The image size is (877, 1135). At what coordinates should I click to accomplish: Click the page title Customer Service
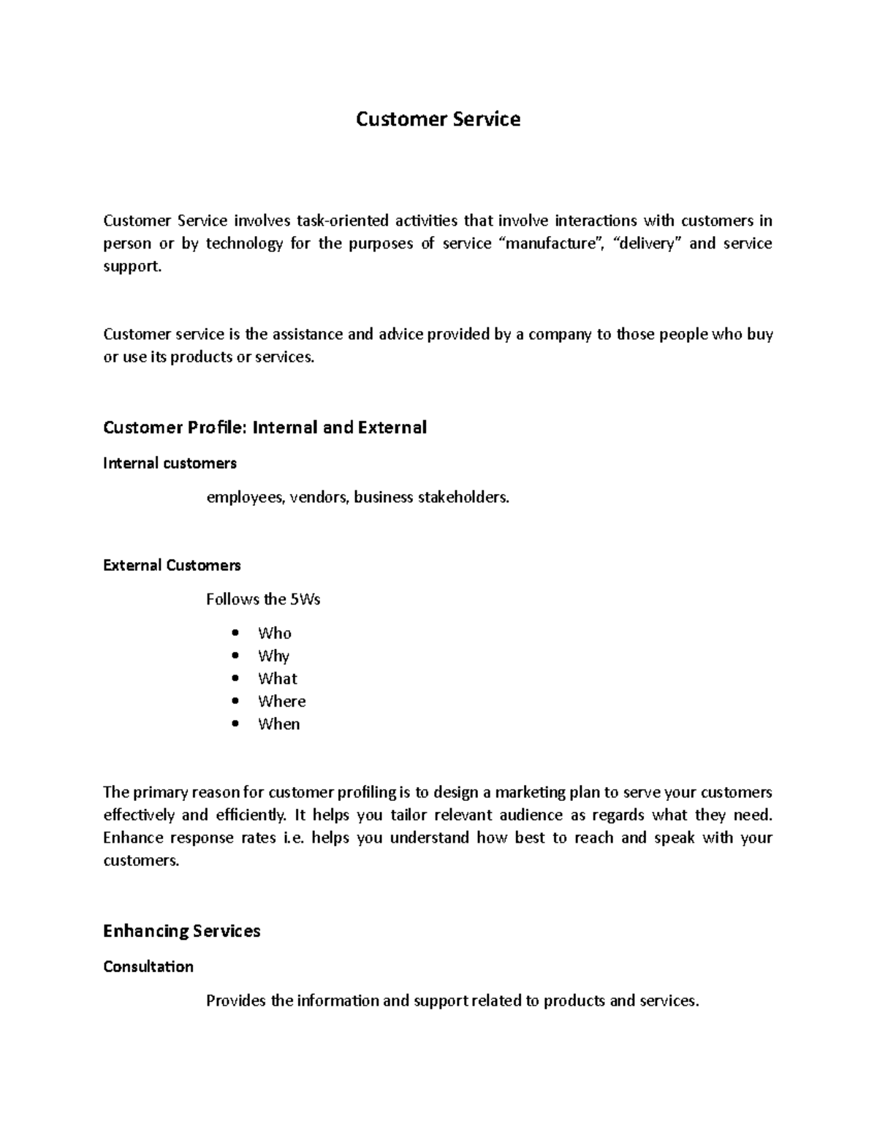tap(438, 119)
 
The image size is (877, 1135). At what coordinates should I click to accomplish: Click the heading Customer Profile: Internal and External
tap(265, 428)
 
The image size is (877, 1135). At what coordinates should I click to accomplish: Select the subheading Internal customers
tap(170, 463)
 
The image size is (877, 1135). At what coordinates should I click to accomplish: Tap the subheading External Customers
tap(172, 566)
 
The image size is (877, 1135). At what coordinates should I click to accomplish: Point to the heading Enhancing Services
tap(181, 931)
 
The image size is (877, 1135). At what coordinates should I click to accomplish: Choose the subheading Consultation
tap(148, 967)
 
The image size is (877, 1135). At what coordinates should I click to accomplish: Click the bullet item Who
tap(274, 634)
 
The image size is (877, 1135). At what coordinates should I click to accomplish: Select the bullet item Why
tap(273, 656)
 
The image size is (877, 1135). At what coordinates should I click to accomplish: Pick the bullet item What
tap(277, 679)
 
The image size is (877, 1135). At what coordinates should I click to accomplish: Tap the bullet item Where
tap(281, 702)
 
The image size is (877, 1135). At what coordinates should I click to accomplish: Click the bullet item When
tap(278, 724)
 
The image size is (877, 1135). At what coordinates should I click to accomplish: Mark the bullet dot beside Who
tap(235, 634)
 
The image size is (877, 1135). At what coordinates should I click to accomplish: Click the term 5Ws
tap(305, 600)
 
